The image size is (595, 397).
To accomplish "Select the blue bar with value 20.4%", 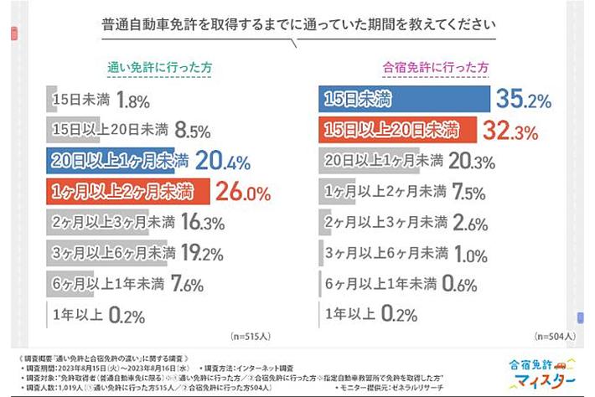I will [x=118, y=160].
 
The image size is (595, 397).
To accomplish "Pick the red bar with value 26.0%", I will [x=127, y=191].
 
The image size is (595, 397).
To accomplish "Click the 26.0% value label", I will [x=244, y=192].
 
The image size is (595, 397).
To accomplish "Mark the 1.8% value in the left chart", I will [x=133, y=101].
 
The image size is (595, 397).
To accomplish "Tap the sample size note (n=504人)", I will [x=551, y=336].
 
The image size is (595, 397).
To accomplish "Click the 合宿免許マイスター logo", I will [x=536, y=374].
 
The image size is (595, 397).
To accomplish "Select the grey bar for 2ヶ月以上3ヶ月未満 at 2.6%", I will [x=330, y=223].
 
